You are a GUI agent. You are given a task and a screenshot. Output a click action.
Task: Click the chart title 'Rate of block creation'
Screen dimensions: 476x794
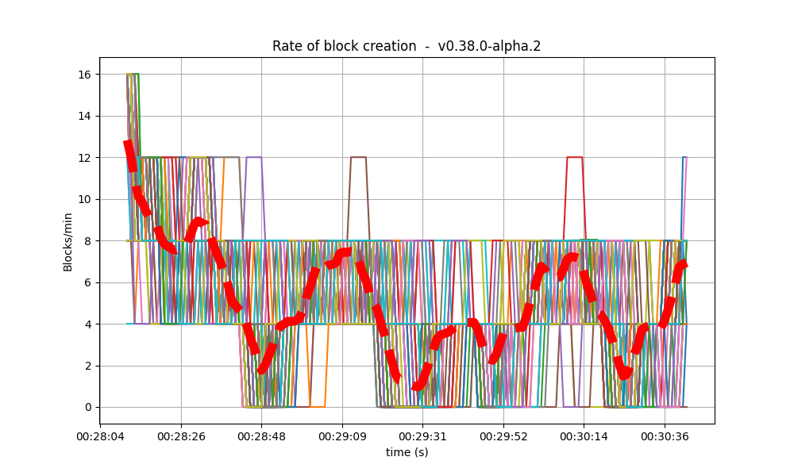(344, 46)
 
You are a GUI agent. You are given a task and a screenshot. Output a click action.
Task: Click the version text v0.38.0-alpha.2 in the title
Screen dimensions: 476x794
(489, 46)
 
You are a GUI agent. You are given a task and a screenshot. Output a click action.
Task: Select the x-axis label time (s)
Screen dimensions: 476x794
(407, 452)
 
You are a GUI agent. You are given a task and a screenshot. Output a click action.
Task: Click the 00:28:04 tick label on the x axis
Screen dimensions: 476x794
(100, 436)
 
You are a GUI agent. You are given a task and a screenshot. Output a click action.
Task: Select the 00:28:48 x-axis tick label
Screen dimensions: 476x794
(261, 436)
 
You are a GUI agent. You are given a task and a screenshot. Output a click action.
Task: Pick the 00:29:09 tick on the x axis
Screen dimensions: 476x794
(341, 436)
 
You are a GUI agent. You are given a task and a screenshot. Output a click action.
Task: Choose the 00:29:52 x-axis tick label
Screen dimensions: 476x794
(503, 436)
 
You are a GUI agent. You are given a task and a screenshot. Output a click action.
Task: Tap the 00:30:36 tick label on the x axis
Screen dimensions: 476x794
(665, 436)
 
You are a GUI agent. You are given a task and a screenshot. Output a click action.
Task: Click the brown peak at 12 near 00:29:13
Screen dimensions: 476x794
(358, 157)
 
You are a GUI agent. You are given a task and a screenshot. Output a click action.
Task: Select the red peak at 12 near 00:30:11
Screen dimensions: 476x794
(574, 157)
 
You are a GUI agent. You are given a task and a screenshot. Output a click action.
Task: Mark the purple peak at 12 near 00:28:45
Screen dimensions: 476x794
(254, 157)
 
